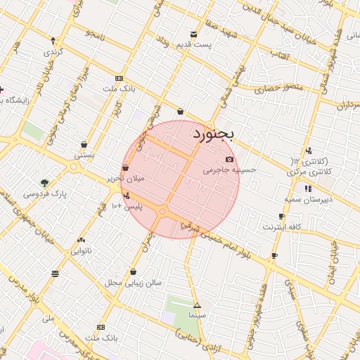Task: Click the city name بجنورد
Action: [x=217, y=133]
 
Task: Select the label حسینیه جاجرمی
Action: [x=230, y=170]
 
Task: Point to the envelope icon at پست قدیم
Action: [x=193, y=34]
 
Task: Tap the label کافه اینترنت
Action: [x=282, y=226]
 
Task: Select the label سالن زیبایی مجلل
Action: [x=134, y=283]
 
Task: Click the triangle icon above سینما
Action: [x=197, y=305]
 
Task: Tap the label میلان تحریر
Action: [x=125, y=179]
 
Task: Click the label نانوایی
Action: [x=82, y=250]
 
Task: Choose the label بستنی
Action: [x=84, y=155]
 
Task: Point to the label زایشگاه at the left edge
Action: [x=14, y=100]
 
